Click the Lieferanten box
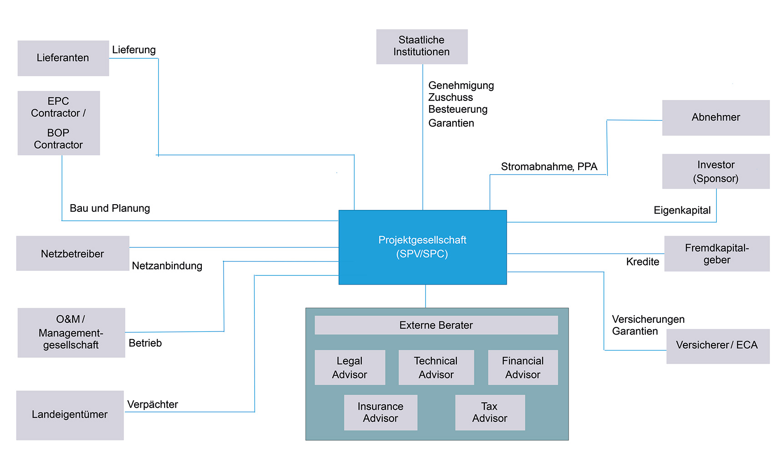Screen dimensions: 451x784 [63, 58]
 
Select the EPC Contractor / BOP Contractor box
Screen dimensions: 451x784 [59, 123]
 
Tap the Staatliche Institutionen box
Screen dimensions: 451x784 [422, 46]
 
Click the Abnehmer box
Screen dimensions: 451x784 [716, 118]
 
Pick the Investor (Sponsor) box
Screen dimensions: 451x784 [716, 171]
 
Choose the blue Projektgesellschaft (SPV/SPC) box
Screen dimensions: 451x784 [422, 247]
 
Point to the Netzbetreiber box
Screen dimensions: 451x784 [73, 253]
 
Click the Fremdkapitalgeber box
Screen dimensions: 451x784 [717, 254]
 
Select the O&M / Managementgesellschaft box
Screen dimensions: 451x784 [71, 332]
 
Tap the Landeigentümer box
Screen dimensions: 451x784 [70, 415]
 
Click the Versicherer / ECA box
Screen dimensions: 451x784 [718, 346]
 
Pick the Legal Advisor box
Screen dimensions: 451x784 [350, 367]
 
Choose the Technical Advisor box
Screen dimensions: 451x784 [436, 367]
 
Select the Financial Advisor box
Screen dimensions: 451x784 [523, 367]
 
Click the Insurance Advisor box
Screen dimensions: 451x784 [380, 412]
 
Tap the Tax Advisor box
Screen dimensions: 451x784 [489, 412]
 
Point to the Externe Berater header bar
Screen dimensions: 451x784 [436, 325]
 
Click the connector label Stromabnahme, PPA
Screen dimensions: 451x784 [549, 167]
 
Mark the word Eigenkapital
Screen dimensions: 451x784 [682, 210]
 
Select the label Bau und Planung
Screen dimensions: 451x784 [110, 208]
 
